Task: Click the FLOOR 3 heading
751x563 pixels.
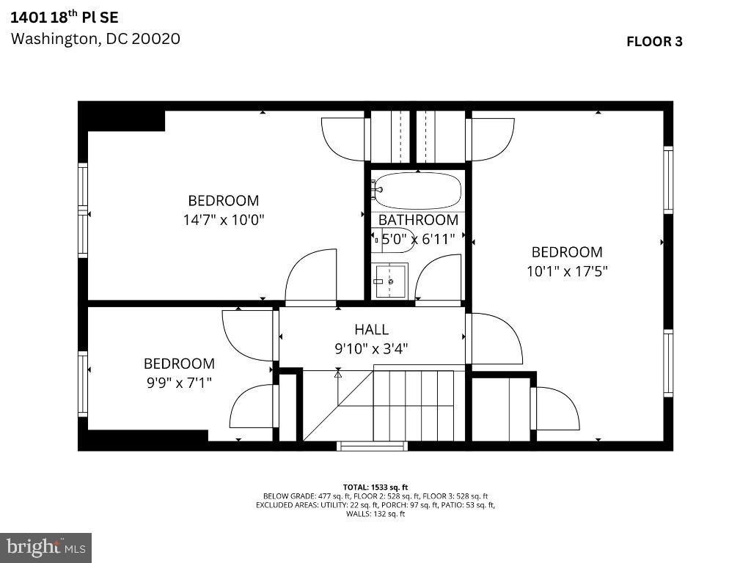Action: [654, 41]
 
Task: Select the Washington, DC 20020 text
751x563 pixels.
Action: [95, 39]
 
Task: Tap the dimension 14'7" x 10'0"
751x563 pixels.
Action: [224, 218]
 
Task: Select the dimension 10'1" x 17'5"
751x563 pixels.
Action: [567, 271]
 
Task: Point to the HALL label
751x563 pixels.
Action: [371, 330]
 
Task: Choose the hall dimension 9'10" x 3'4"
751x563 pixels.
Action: [371, 348]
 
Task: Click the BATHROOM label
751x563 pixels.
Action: [418, 220]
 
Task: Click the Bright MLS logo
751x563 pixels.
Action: [45, 547]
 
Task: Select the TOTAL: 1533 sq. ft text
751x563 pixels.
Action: [375, 487]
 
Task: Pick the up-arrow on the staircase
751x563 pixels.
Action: [338, 374]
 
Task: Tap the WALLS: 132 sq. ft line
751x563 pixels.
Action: [375, 514]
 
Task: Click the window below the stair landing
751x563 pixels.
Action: [372, 446]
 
